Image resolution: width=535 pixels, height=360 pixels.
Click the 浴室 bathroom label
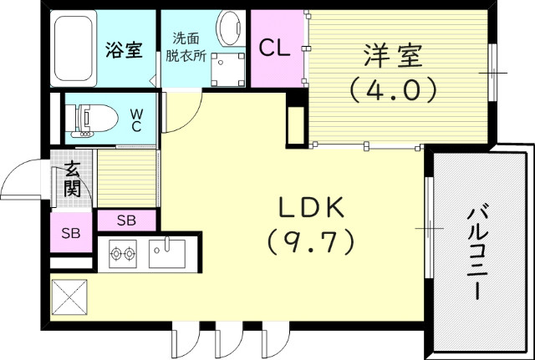[x=123, y=49]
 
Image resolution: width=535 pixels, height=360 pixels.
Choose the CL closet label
[x=274, y=48]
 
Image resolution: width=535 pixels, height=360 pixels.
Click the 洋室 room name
[x=393, y=57]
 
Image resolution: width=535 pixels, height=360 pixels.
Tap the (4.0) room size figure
[x=393, y=88]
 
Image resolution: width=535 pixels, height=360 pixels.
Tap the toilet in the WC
[x=88, y=119]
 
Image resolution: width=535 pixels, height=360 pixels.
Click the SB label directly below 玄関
[x=71, y=233]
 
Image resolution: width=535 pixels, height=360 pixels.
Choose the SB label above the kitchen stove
[x=125, y=221]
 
